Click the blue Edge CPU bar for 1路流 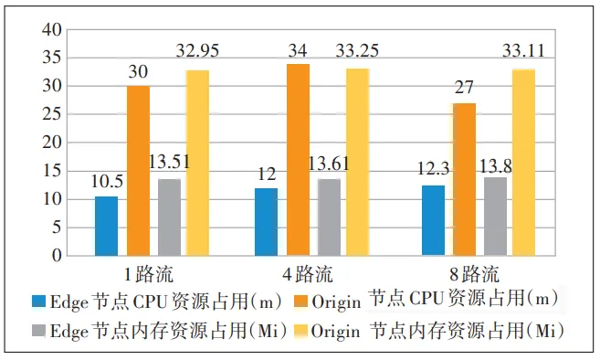[x=106, y=226]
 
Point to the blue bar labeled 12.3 [x=435, y=220]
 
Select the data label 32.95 [x=198, y=49]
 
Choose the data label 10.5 [x=106, y=180]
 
